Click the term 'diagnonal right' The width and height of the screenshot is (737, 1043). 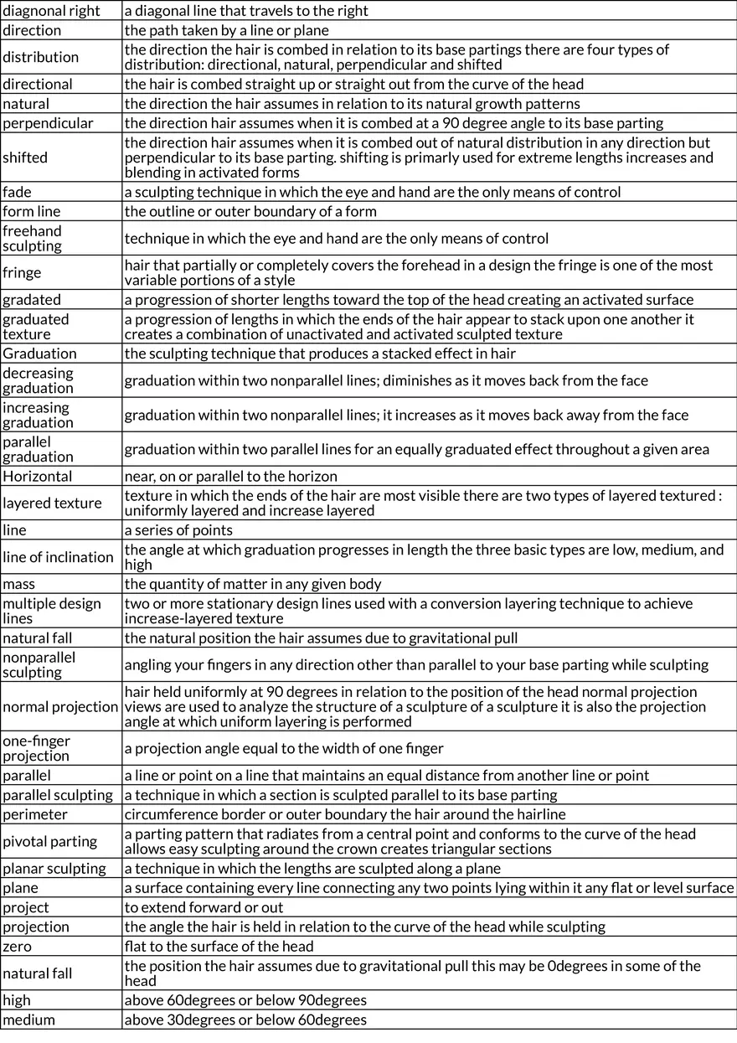pyautogui.click(x=51, y=11)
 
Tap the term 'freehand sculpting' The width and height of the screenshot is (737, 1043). pyautogui.click(x=32, y=239)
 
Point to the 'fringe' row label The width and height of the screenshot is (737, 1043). pyautogui.click(x=22, y=272)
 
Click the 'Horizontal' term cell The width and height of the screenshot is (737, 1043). pyautogui.click(x=38, y=476)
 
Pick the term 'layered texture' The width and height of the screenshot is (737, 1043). pyautogui.click(x=52, y=503)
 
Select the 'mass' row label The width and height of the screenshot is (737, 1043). pyautogui.click(x=19, y=584)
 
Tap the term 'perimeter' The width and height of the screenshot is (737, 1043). pyautogui.click(x=35, y=814)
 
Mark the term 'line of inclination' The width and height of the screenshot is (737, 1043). pyautogui.click(x=58, y=557)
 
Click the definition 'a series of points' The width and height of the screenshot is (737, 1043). pyautogui.click(x=178, y=530)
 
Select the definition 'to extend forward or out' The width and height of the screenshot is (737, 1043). pyautogui.click(x=204, y=907)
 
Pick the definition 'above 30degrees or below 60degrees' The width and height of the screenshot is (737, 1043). pyautogui.click(x=245, y=1020)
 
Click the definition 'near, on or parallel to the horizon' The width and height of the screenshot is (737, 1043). pyautogui.click(x=230, y=476)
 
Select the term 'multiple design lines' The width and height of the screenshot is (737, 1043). pyautogui.click(x=52, y=611)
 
